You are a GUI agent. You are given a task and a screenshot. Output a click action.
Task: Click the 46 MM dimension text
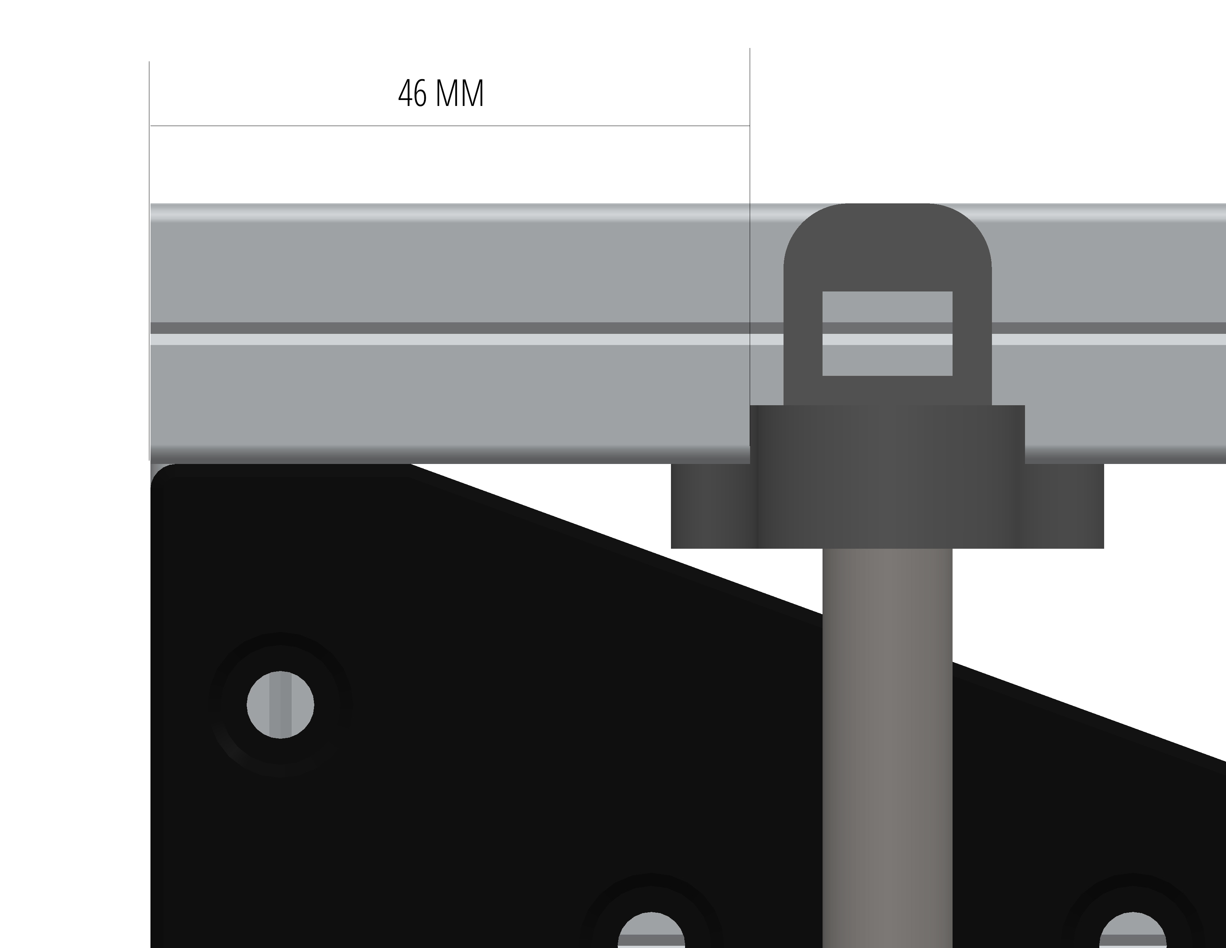pyautogui.click(x=441, y=94)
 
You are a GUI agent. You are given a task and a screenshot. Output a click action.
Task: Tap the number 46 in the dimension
pyautogui.click(x=412, y=94)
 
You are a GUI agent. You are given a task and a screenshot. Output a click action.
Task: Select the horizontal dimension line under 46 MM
pyautogui.click(x=450, y=126)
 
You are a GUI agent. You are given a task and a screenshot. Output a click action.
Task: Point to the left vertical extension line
pyautogui.click(x=149, y=261)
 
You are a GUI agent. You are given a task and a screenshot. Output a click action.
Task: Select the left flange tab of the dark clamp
pyautogui.click(x=711, y=506)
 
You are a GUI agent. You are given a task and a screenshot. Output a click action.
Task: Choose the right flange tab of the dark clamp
pyautogui.click(x=1064, y=506)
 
